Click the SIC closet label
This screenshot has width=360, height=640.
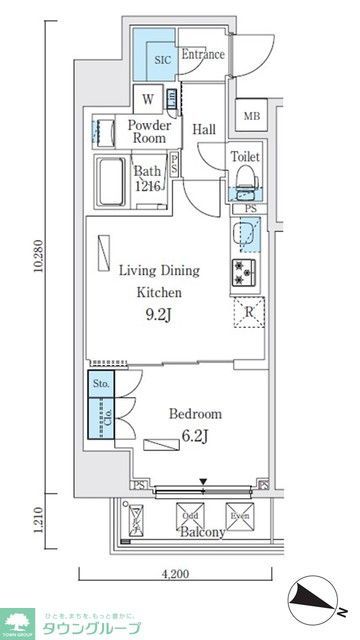click(163, 60)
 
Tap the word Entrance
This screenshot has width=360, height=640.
click(203, 55)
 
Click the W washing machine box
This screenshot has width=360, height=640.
click(147, 99)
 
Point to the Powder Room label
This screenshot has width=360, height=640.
click(148, 132)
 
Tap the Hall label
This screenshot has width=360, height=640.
click(205, 128)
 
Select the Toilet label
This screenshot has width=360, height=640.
click(245, 157)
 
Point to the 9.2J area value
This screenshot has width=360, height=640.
click(159, 318)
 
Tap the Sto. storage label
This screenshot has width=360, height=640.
click(100, 382)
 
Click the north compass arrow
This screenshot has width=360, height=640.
click(319, 604)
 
